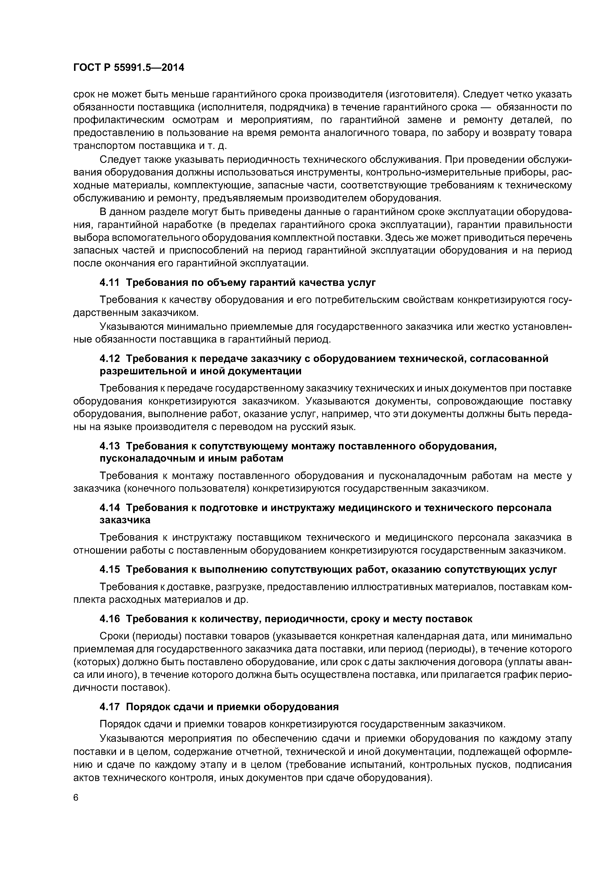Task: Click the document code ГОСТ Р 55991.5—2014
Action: pos(128,68)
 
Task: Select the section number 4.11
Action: pos(109,283)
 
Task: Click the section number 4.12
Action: pos(109,358)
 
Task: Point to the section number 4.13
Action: pos(109,446)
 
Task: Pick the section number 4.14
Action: pos(109,508)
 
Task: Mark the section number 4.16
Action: pos(109,619)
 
